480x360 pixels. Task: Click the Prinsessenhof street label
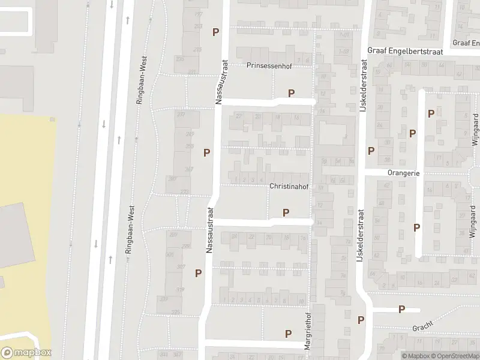pyautogui.click(x=269, y=66)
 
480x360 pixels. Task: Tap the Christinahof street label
pyautogui.click(x=289, y=187)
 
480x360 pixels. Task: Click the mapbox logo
pyautogui.click(x=26, y=353)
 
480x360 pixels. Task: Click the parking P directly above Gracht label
pyautogui.click(x=401, y=310)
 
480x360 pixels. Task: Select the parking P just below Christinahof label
pyautogui.click(x=286, y=212)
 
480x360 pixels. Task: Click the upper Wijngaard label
pyautogui.click(x=473, y=133)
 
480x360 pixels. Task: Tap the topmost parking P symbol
pyautogui.click(x=215, y=32)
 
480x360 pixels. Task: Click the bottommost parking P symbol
pyautogui.click(x=289, y=334)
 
